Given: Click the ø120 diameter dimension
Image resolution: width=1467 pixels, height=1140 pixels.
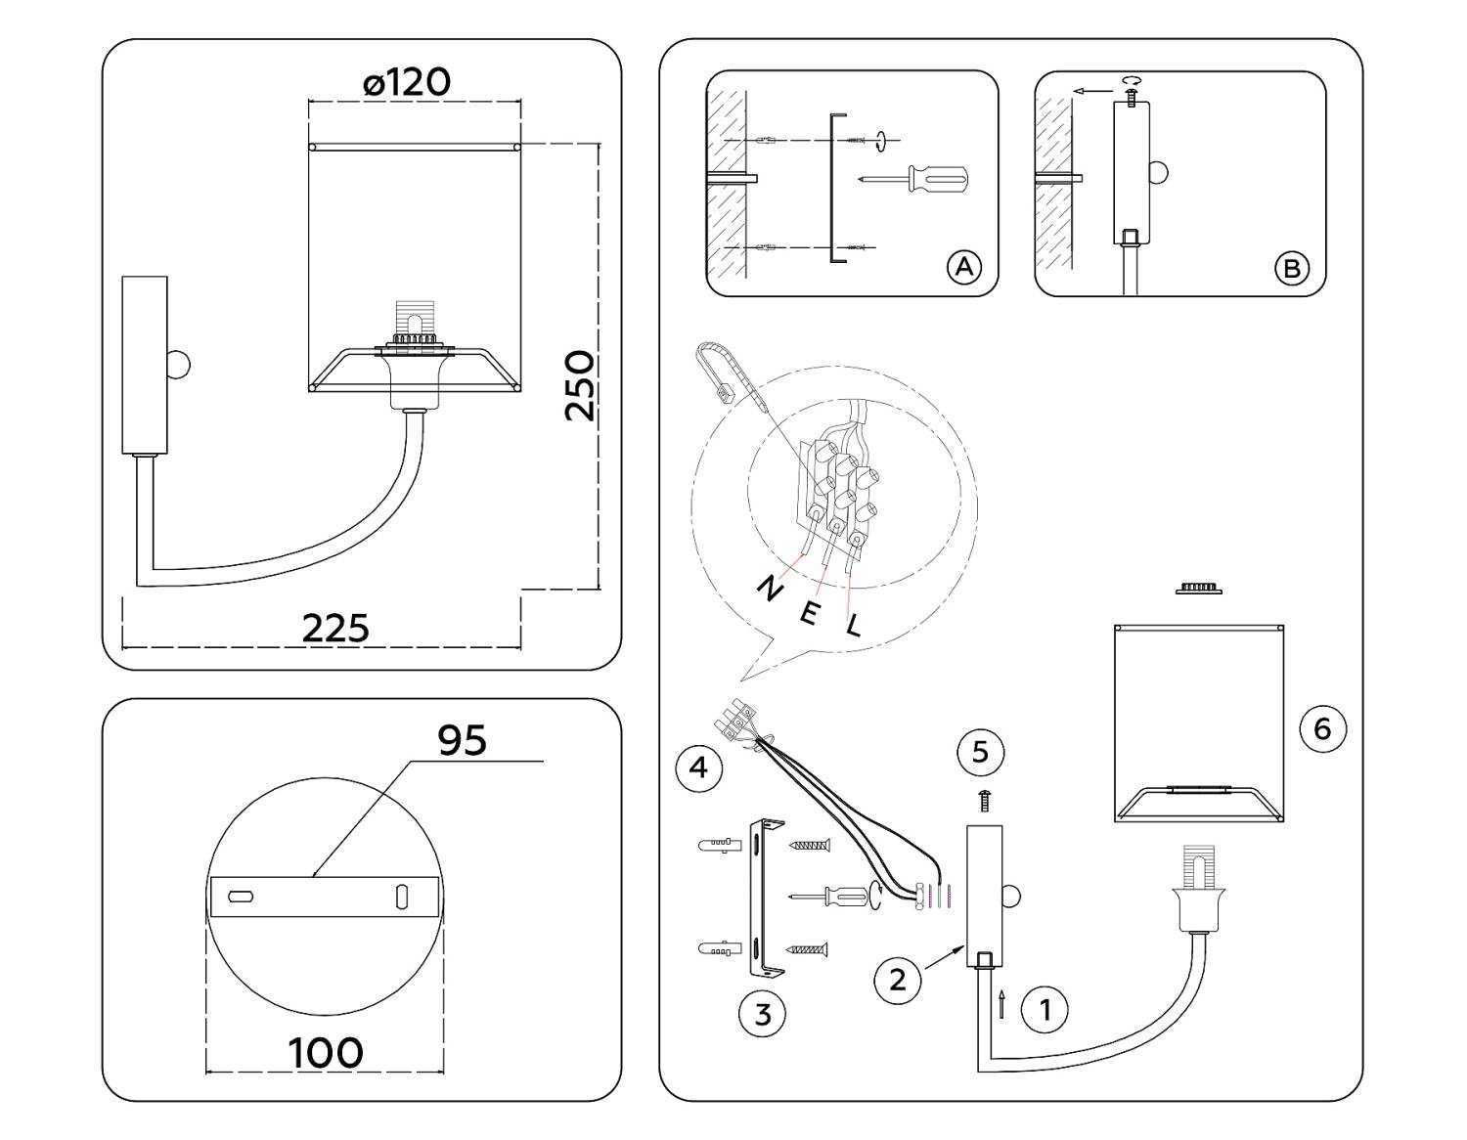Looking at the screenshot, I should (407, 82).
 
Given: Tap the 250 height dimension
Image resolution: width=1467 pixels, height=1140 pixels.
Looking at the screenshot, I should (580, 385).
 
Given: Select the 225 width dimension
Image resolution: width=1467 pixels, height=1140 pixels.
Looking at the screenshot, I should (335, 628).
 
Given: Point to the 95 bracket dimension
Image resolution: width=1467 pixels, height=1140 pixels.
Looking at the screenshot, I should (462, 740).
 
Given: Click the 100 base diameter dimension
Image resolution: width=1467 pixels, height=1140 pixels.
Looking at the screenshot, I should (326, 1053).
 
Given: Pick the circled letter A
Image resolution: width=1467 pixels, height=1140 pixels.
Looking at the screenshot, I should (964, 266).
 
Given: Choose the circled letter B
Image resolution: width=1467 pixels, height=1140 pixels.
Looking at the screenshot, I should (1292, 267).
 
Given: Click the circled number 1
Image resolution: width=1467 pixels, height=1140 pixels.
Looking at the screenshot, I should (1045, 1008).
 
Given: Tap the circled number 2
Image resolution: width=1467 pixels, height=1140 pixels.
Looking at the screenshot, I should (897, 979).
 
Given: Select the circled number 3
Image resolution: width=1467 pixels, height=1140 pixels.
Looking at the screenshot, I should (762, 1014).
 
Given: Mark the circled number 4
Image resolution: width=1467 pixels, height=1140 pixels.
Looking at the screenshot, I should (698, 767).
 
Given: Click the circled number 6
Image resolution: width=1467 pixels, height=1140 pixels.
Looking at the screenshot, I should (1322, 728).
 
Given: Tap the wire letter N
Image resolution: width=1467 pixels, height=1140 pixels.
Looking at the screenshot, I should (770, 588).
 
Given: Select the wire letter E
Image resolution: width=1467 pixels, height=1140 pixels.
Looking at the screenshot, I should (810, 614).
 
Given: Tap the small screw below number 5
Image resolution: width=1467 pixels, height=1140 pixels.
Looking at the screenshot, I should (984, 801).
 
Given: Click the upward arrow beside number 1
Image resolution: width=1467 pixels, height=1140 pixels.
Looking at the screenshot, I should (1002, 1004).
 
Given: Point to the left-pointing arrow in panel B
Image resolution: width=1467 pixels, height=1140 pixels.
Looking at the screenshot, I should (1091, 91).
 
